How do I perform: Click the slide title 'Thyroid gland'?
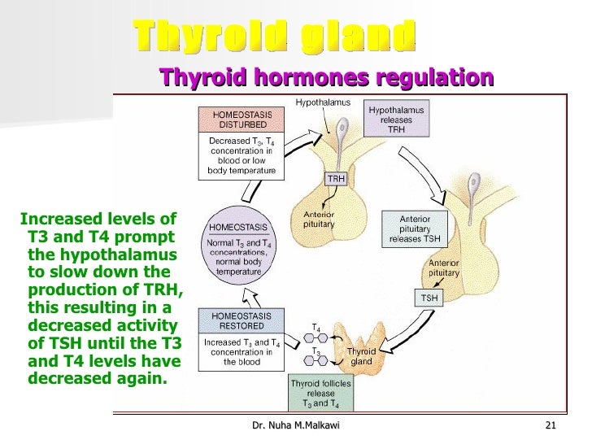pos(275,36)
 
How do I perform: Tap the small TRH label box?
pos(336,179)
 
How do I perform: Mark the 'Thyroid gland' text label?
pos(361,356)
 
